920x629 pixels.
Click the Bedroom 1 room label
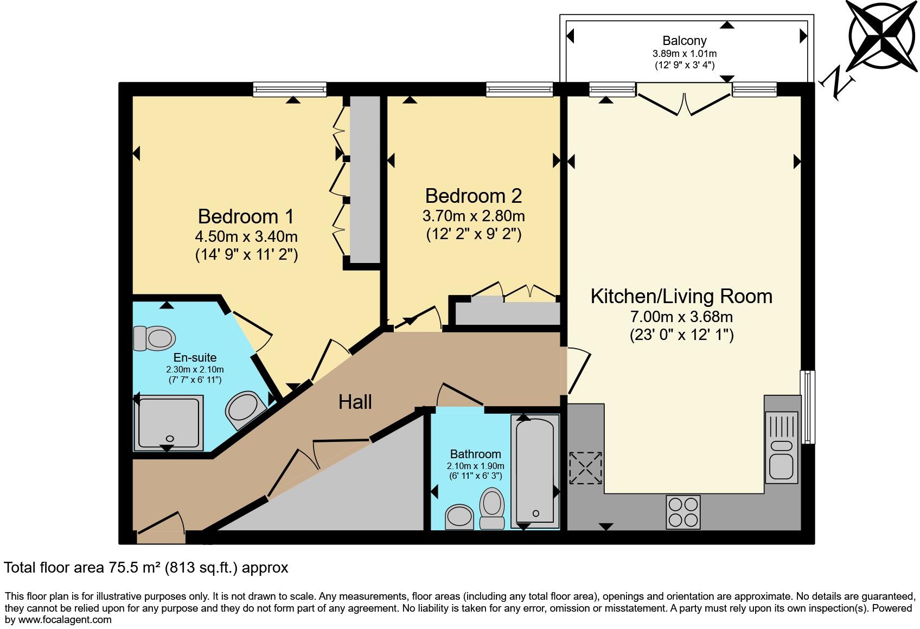[x=246, y=216]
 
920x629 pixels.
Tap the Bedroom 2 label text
[x=474, y=196]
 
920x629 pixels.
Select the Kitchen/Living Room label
[x=681, y=297]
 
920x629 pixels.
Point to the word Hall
[x=355, y=402]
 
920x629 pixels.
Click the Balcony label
[x=685, y=41]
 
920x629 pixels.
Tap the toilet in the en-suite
[x=155, y=338]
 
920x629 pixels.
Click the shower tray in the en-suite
[x=168, y=422]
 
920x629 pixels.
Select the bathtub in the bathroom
[x=535, y=471]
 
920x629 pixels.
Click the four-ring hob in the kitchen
[x=683, y=511]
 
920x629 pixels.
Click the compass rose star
[x=882, y=36]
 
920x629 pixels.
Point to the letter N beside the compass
[x=837, y=83]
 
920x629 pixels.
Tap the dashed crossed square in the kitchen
[x=585, y=468]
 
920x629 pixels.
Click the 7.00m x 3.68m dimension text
[x=681, y=317]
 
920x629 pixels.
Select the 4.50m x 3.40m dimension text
[x=246, y=237]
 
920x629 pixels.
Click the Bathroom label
[x=476, y=454]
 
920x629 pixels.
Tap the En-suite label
[x=195, y=358]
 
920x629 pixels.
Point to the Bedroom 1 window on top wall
[x=290, y=89]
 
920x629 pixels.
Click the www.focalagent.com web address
[x=65, y=620]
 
